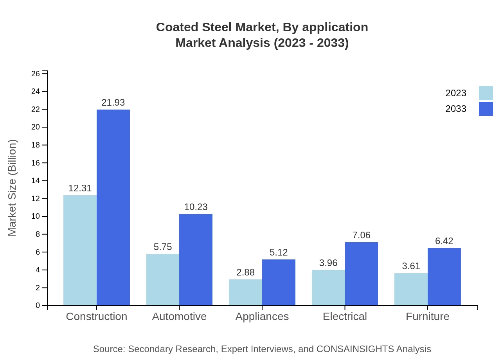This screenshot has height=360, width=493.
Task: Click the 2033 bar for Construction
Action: pos(113,207)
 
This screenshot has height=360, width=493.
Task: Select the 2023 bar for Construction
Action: pos(80,250)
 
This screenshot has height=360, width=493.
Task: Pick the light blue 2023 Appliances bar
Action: pos(245,292)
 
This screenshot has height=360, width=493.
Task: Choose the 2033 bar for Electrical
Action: pos(362,274)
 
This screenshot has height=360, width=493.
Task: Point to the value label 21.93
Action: pos(113,103)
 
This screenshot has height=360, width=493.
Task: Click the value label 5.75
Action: pos(163,247)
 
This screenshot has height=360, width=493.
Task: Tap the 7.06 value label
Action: pos(361,235)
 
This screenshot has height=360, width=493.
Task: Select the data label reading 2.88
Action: pos(245,272)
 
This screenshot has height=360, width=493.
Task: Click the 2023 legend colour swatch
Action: pos(486,93)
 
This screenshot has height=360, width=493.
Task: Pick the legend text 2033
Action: pos(456,109)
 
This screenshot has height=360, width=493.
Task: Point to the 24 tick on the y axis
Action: pos(36,92)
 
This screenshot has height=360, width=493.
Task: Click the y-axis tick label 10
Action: pos(36,216)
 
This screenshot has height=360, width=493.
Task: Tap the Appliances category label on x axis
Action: pos(262,317)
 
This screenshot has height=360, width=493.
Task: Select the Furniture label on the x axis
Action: pos(427,317)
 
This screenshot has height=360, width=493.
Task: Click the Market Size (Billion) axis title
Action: pos(13,188)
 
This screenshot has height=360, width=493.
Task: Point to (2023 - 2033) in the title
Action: pos(311,43)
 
